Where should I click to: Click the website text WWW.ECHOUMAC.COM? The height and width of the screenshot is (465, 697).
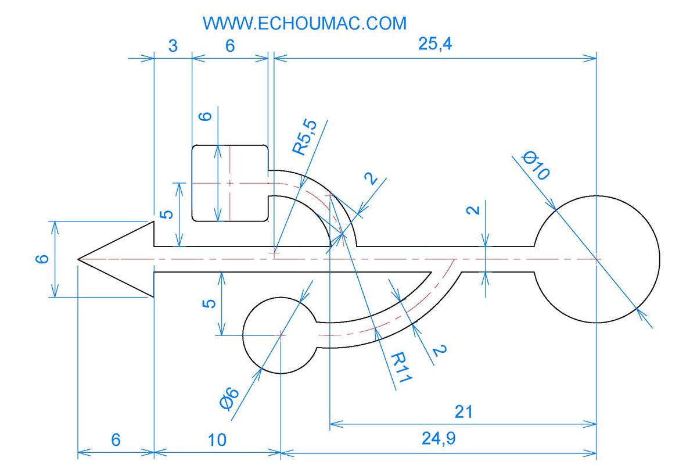point(304,23)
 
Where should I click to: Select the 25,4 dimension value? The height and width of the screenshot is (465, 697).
point(435,45)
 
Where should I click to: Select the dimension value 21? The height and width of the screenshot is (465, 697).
point(463,412)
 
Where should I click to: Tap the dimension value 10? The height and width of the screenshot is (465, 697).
point(217,440)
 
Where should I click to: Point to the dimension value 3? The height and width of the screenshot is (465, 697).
point(173,46)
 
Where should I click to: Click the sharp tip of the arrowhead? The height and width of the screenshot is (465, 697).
point(78,259)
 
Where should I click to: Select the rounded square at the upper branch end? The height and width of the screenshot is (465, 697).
point(230,183)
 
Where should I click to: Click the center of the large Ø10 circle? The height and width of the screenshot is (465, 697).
point(597,259)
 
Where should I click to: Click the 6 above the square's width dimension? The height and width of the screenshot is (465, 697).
point(230,46)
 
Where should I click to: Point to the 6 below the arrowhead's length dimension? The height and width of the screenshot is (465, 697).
point(116,440)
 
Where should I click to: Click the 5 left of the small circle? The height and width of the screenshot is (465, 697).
point(211,303)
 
